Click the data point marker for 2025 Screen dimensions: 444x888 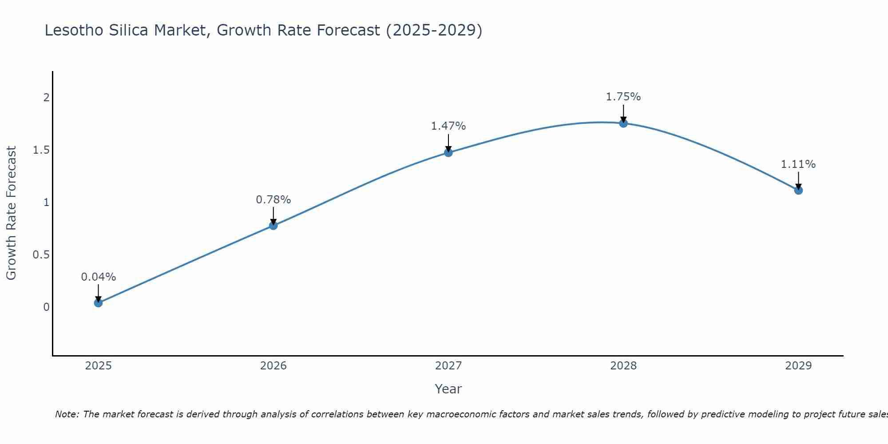[x=98, y=303]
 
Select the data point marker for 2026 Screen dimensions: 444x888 [x=274, y=226]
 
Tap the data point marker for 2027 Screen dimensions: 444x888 [x=448, y=153]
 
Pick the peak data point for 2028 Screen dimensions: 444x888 [x=623, y=123]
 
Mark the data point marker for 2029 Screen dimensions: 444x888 [x=798, y=190]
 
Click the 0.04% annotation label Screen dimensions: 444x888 [x=98, y=277]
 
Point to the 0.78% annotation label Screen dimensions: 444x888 [x=274, y=200]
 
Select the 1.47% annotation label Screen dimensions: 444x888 [x=448, y=126]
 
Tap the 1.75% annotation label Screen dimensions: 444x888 [x=623, y=97]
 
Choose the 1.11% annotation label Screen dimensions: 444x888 [x=798, y=164]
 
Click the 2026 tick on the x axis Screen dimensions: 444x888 [x=274, y=366]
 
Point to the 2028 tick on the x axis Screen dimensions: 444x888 [x=623, y=366]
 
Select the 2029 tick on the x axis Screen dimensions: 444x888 [x=798, y=366]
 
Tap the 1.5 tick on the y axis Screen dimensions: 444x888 [x=41, y=150]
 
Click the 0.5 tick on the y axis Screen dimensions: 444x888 [x=41, y=255]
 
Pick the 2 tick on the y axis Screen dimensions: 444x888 [x=46, y=97]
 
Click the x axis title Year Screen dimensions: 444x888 [x=448, y=389]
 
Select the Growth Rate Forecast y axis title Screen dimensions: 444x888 [x=11, y=213]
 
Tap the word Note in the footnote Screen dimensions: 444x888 [x=67, y=414]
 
